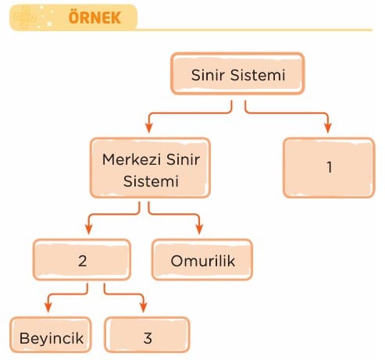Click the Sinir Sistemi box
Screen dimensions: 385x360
237,73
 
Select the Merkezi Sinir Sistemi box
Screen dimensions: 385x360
150,168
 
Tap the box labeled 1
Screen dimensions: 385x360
329,168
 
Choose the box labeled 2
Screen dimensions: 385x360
82,260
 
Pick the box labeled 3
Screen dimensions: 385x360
147,335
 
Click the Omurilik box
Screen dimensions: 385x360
202,260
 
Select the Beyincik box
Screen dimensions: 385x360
51,335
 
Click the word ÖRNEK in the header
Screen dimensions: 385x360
94,18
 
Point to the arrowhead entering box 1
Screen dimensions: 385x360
328,127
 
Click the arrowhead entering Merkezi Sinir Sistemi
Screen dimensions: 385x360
149,127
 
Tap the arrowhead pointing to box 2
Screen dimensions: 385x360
89,229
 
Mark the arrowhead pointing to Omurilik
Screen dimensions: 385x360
199,229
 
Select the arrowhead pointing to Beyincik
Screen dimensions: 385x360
48,307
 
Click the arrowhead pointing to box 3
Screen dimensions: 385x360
144,307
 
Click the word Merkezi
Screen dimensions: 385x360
132,159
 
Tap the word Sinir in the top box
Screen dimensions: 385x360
208,75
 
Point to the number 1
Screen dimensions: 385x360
330,167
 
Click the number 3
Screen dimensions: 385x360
148,338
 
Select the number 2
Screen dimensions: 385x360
82,261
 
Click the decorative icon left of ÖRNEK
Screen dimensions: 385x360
25,17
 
